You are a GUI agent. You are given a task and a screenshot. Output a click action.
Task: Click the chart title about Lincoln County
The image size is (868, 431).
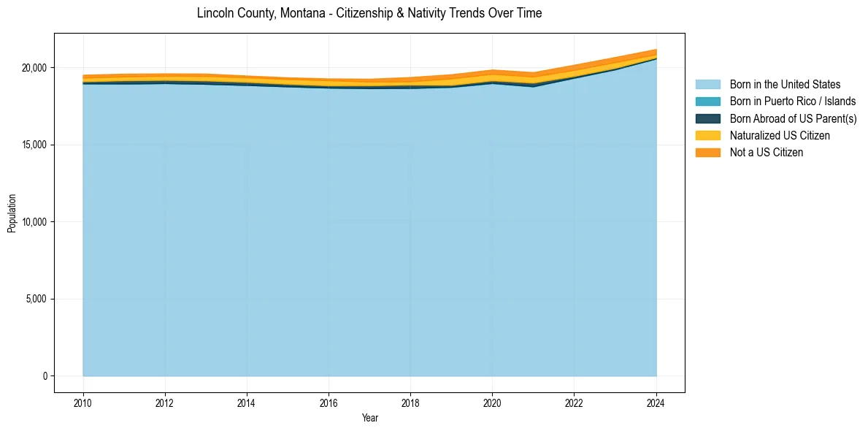369,13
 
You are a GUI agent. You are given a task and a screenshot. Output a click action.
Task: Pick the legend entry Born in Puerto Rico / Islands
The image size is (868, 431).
793,102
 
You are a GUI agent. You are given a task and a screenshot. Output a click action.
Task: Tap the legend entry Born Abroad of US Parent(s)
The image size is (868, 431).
793,118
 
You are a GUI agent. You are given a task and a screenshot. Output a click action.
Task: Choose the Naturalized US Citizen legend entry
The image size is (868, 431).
780,135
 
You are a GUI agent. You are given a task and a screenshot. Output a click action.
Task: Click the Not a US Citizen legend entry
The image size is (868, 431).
766,152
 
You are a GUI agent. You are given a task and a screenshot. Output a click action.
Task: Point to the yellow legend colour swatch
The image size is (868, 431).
707,135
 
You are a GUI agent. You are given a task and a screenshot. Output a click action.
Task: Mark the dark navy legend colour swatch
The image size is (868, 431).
707,118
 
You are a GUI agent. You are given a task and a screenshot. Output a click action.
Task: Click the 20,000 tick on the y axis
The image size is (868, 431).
34,68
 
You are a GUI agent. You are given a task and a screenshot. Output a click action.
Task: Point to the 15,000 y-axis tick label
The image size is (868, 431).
34,145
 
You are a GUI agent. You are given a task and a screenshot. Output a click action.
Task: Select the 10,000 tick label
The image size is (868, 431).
34,222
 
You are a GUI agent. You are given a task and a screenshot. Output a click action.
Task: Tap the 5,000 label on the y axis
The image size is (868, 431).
36,299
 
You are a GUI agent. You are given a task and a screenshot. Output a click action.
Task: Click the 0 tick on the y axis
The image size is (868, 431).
45,376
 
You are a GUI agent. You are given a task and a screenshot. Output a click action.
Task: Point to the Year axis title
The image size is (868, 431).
369,418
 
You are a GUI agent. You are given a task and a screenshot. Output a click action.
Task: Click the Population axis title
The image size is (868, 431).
12,213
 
